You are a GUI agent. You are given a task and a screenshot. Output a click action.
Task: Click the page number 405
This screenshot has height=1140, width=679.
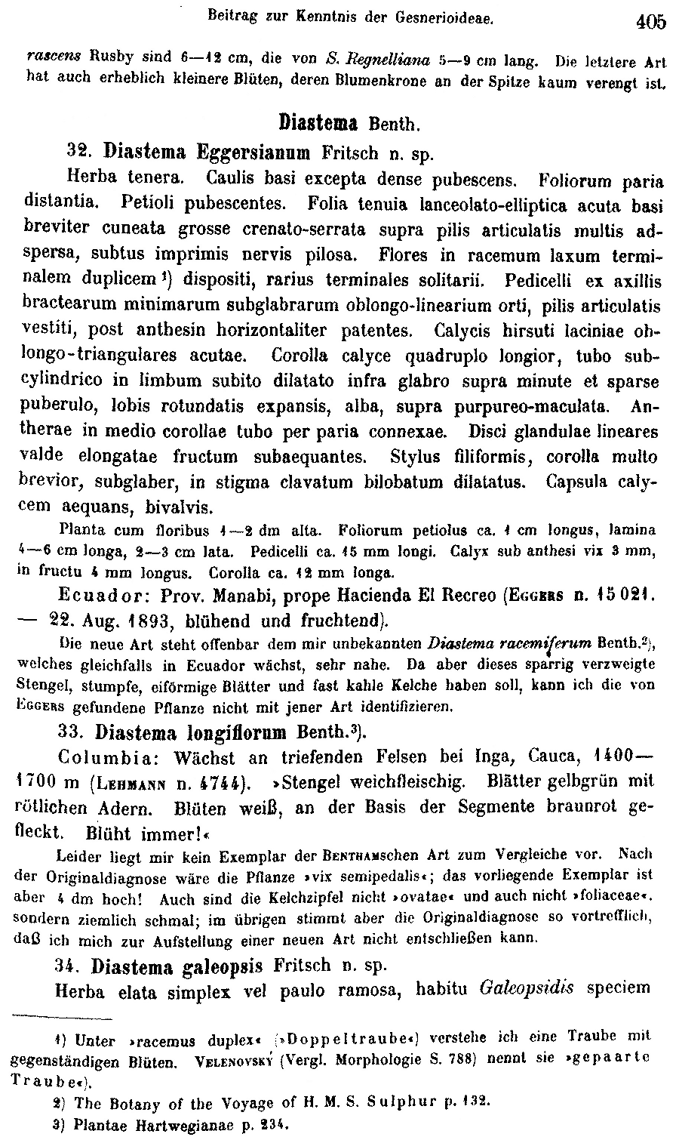click(x=650, y=22)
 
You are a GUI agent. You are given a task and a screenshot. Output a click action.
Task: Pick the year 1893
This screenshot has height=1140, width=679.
click(x=170, y=621)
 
